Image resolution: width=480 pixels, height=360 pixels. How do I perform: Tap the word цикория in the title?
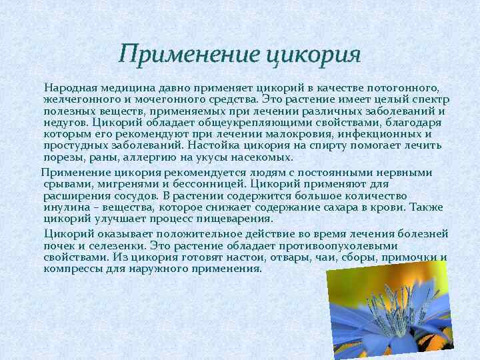pos(313,54)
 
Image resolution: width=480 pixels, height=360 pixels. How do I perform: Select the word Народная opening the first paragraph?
pos(71,88)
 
